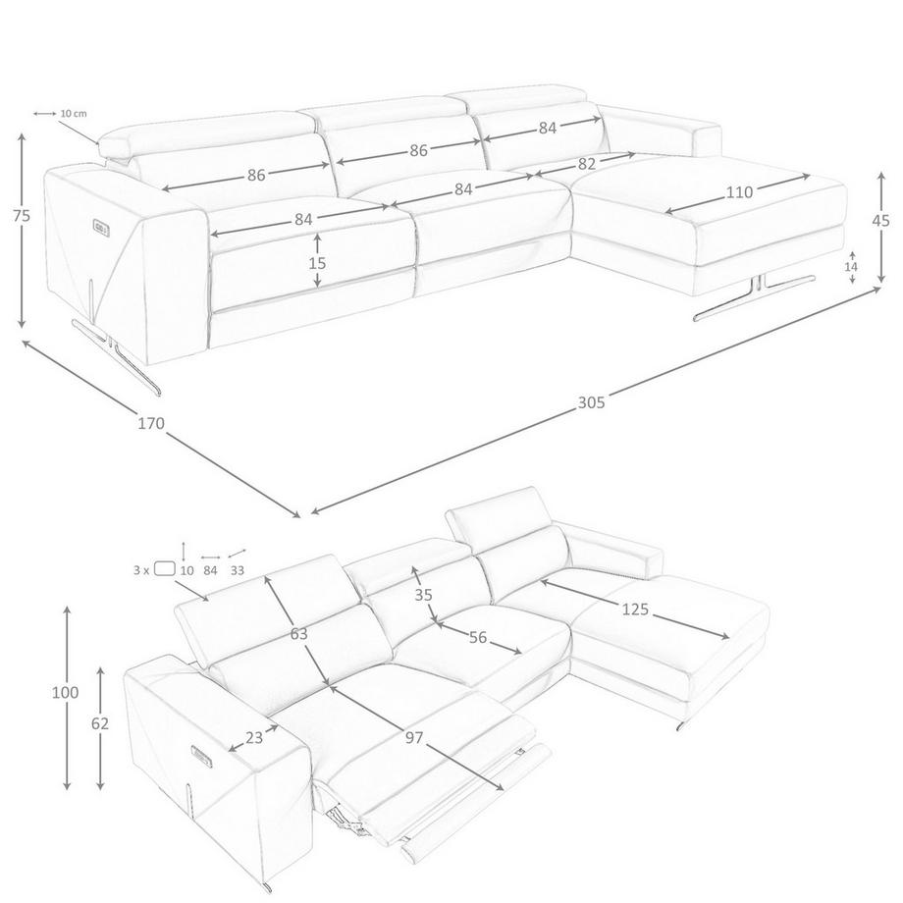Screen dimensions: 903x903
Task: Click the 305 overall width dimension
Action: click(x=592, y=402)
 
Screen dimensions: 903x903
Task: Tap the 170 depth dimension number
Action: click(x=151, y=424)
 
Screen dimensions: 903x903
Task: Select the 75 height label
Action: click(x=22, y=215)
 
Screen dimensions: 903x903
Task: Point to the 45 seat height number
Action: click(x=881, y=220)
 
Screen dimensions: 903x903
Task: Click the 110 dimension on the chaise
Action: click(x=739, y=191)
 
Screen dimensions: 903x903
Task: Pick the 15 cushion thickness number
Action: click(x=317, y=263)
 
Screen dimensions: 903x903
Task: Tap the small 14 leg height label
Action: click(x=851, y=267)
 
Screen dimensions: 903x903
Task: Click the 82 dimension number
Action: click(x=586, y=164)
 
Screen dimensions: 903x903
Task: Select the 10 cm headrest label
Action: click(x=74, y=114)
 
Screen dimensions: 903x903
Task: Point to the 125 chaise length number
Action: click(x=635, y=609)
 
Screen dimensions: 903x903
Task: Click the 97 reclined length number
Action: click(x=414, y=737)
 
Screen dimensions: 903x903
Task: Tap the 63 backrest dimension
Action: click(x=299, y=633)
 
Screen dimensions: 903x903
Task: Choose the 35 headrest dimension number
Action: click(x=423, y=595)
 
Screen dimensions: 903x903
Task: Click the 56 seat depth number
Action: click(x=478, y=638)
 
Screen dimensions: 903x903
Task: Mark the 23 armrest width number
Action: click(x=254, y=737)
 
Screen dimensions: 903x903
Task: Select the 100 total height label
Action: click(x=65, y=692)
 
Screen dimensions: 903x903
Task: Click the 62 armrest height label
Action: click(x=100, y=723)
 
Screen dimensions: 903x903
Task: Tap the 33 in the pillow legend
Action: click(x=238, y=570)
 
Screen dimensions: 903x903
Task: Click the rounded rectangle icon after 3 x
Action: click(x=165, y=568)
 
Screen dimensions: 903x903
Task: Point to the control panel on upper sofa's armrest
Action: click(x=101, y=227)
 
